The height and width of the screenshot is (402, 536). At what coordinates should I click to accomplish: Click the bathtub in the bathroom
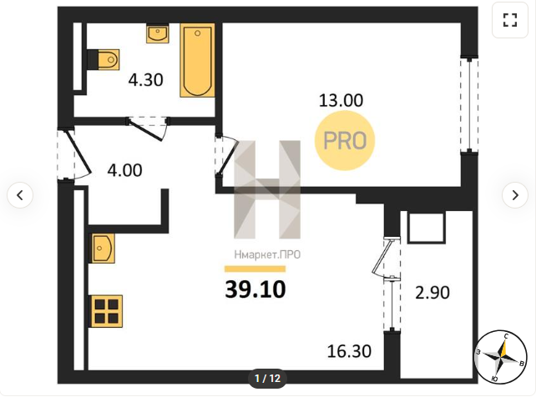click(x=198, y=60)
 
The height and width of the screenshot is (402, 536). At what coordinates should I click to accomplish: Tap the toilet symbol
click(x=104, y=60)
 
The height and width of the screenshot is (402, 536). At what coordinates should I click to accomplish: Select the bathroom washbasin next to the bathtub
click(x=158, y=33)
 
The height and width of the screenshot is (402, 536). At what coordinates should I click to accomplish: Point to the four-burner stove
click(x=106, y=311)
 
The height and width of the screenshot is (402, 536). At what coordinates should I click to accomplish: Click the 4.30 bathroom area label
click(x=146, y=80)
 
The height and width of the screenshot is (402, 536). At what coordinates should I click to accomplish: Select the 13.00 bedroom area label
click(x=341, y=101)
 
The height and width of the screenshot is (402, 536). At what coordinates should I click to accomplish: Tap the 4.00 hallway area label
click(x=124, y=170)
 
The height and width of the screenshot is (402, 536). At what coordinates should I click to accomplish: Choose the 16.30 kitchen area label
click(x=349, y=351)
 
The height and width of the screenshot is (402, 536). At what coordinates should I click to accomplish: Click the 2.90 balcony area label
click(x=432, y=293)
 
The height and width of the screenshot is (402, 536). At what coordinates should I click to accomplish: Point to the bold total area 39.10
click(x=255, y=289)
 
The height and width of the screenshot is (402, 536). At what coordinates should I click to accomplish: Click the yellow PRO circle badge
click(x=345, y=141)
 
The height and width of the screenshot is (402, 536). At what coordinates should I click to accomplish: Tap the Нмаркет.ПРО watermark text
click(x=267, y=254)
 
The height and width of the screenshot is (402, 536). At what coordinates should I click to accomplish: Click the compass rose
click(x=500, y=357)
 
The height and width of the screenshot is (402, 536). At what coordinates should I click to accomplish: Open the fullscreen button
click(x=510, y=20)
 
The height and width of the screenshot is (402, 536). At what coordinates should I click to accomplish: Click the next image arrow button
click(x=515, y=195)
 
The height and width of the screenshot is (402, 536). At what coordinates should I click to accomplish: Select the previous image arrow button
click(x=20, y=195)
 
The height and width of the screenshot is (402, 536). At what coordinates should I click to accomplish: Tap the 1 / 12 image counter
click(x=267, y=379)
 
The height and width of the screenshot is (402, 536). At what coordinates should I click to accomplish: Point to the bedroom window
click(x=470, y=104)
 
